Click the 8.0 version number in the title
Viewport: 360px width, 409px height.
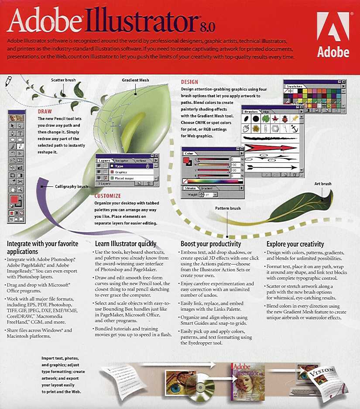[208, 27]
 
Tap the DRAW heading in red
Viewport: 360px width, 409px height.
[45, 112]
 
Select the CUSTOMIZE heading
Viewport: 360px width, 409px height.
[108, 196]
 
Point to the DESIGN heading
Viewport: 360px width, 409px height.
[189, 82]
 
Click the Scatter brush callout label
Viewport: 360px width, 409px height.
[63, 80]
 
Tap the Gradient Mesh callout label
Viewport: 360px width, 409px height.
[136, 80]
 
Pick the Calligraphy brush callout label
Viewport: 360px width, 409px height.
[72, 187]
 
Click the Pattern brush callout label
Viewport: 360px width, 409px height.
[228, 208]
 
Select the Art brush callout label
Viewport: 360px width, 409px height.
[323, 184]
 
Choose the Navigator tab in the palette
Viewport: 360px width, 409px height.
[122, 161]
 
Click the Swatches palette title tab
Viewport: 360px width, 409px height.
[294, 86]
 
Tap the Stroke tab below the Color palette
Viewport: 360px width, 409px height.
[190, 188]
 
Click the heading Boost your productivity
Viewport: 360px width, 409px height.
[211, 244]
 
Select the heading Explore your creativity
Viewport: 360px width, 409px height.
[295, 244]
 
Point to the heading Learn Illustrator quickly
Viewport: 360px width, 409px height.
[126, 244]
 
